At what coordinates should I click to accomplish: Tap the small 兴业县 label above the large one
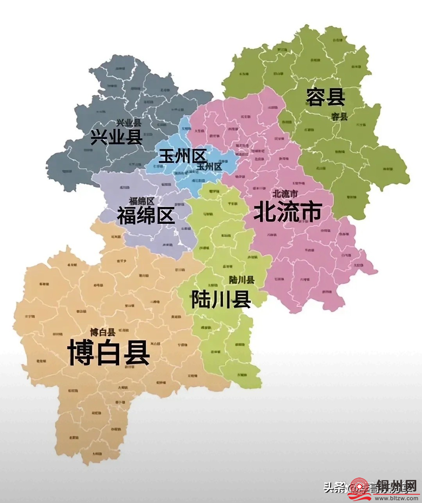coord(129,123)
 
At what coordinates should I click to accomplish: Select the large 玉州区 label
coord(182,157)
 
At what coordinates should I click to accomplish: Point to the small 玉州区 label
coord(209,167)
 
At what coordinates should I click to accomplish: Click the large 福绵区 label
coord(146,215)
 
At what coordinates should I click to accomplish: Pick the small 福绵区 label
coord(141,201)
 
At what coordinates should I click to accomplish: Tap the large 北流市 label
coord(288,212)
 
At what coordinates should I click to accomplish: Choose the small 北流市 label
coord(285,193)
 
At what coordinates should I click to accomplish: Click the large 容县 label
coord(325,97)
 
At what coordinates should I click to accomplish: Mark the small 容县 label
coord(339,116)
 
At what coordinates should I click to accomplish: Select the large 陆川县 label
coord(221,299)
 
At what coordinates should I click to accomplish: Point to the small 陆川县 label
coord(241,280)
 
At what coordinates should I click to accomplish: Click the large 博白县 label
coord(109,352)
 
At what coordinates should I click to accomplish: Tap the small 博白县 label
coord(102,332)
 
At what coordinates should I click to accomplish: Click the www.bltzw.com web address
coord(395,498)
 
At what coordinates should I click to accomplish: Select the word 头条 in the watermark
coord(333,487)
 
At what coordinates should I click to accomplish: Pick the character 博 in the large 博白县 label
coord(81,352)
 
